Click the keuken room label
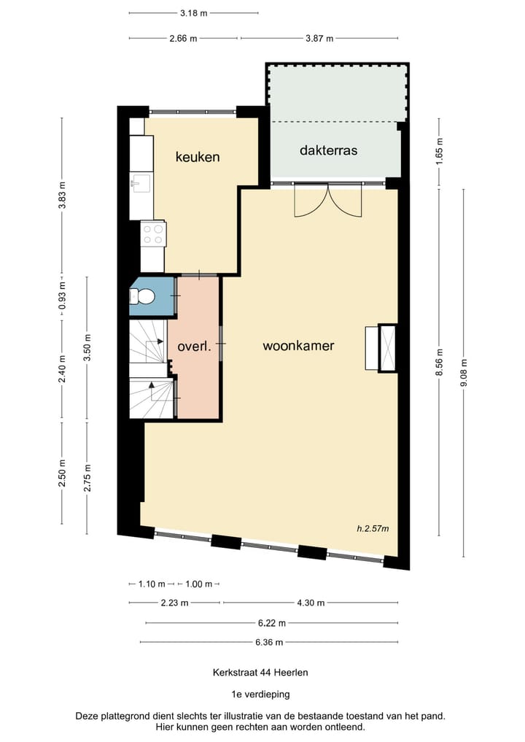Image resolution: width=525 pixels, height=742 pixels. pyautogui.click(x=198, y=157)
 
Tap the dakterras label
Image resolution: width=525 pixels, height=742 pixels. pyautogui.click(x=328, y=150)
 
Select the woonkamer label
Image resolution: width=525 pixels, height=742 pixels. pyautogui.click(x=298, y=346)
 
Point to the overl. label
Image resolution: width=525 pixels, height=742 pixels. pyautogui.click(x=194, y=347)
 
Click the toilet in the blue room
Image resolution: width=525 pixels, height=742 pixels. pyautogui.click(x=142, y=297)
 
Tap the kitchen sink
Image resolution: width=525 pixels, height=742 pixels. pyautogui.click(x=141, y=183)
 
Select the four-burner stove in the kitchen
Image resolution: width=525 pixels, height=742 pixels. pyautogui.click(x=153, y=234)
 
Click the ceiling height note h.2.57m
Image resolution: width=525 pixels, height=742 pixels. pyautogui.click(x=373, y=528)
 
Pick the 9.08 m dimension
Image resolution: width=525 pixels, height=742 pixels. pyautogui.click(x=464, y=373)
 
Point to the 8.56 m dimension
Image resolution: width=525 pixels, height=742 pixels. pyautogui.click(x=440, y=362)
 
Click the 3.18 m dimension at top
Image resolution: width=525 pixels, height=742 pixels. pyautogui.click(x=193, y=13)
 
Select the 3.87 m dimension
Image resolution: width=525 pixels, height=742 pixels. pyautogui.click(x=319, y=39)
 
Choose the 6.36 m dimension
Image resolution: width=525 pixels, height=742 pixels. pyautogui.click(x=269, y=642)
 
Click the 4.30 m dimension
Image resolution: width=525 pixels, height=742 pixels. pyautogui.click(x=311, y=603)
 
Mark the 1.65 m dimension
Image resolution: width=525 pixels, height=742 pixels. pyautogui.click(x=440, y=150)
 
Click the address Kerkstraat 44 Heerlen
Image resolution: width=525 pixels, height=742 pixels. pyautogui.click(x=260, y=673)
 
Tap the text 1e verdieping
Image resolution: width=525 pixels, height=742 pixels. pyautogui.click(x=260, y=695)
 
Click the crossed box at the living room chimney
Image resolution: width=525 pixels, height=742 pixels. pyautogui.click(x=387, y=348)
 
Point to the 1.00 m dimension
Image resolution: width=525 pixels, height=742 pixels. pyautogui.click(x=198, y=584)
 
